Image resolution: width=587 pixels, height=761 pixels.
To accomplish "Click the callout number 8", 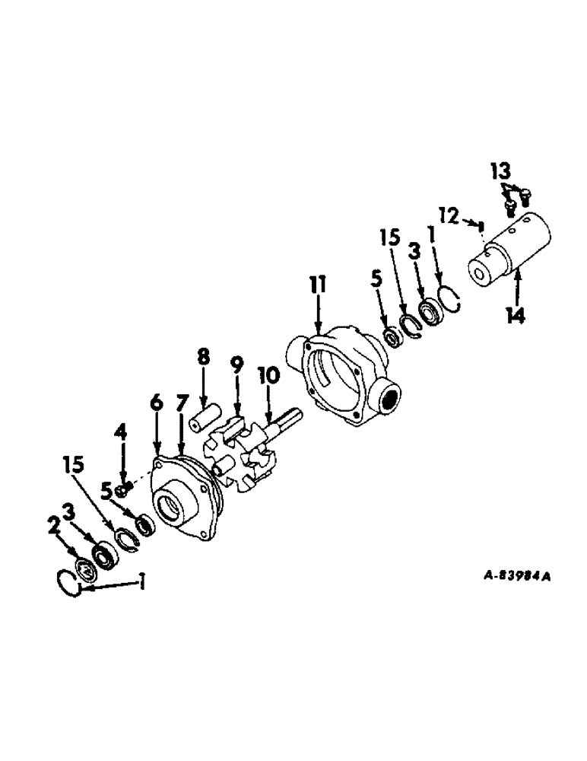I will click(203, 358).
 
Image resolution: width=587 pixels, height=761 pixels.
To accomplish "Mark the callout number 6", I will click(156, 403).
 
